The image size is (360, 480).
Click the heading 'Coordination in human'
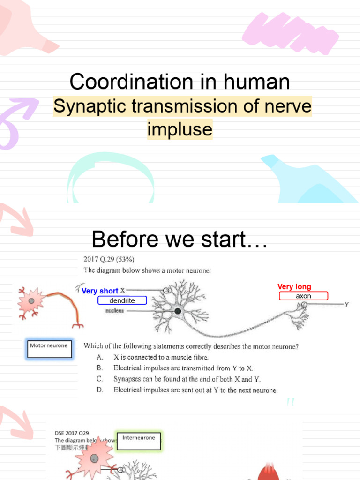tap(180, 82)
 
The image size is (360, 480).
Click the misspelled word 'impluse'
tap(180, 129)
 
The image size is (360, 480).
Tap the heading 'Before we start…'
tap(180, 240)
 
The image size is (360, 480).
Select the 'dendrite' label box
tap(122, 300)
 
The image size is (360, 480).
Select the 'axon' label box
tap(303, 296)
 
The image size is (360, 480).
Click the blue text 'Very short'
tap(100, 291)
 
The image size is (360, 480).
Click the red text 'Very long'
tap(294, 287)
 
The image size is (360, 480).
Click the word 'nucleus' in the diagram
tap(114, 311)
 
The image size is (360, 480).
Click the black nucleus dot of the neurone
tap(178, 311)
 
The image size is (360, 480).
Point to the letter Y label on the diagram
tap(347, 304)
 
